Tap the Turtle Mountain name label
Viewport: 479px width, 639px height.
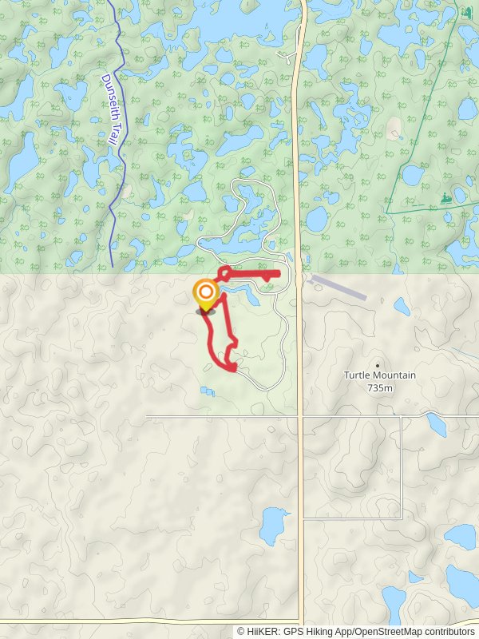tap(380, 375)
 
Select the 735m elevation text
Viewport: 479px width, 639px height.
tap(380, 388)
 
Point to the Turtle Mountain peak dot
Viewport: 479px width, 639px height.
tap(378, 365)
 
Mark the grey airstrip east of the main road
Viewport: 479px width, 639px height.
tap(338, 288)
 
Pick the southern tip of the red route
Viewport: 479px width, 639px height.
tap(234, 369)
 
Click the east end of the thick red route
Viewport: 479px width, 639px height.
tap(278, 274)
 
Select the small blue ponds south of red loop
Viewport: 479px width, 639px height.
tap(208, 391)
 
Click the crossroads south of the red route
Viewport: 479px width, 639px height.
tap(300, 416)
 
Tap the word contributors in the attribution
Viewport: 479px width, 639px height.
tap(448, 631)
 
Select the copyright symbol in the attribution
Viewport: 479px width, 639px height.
tap(241, 631)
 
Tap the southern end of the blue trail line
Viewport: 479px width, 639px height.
tap(112, 266)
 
